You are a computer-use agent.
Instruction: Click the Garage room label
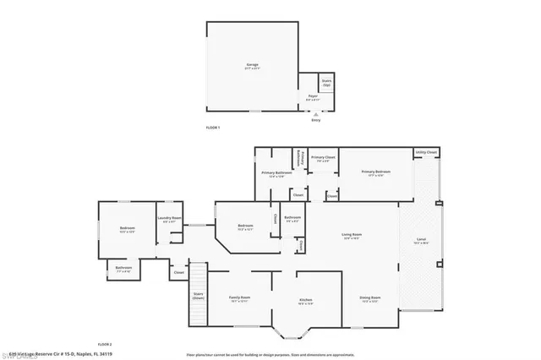click(x=252, y=64)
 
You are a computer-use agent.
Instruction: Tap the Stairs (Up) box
click(x=326, y=83)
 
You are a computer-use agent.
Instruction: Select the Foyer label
click(x=313, y=97)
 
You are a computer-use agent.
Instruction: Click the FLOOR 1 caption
click(x=213, y=128)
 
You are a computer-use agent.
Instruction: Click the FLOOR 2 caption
click(x=105, y=345)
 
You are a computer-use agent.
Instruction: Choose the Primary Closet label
click(x=323, y=158)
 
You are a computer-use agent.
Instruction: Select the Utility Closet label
click(x=426, y=153)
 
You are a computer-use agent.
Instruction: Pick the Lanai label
click(x=421, y=241)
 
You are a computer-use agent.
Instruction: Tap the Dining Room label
click(x=370, y=298)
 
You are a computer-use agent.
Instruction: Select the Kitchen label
click(x=306, y=301)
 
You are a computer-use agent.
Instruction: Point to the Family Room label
click(x=239, y=298)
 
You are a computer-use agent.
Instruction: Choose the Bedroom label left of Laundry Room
click(x=127, y=229)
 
